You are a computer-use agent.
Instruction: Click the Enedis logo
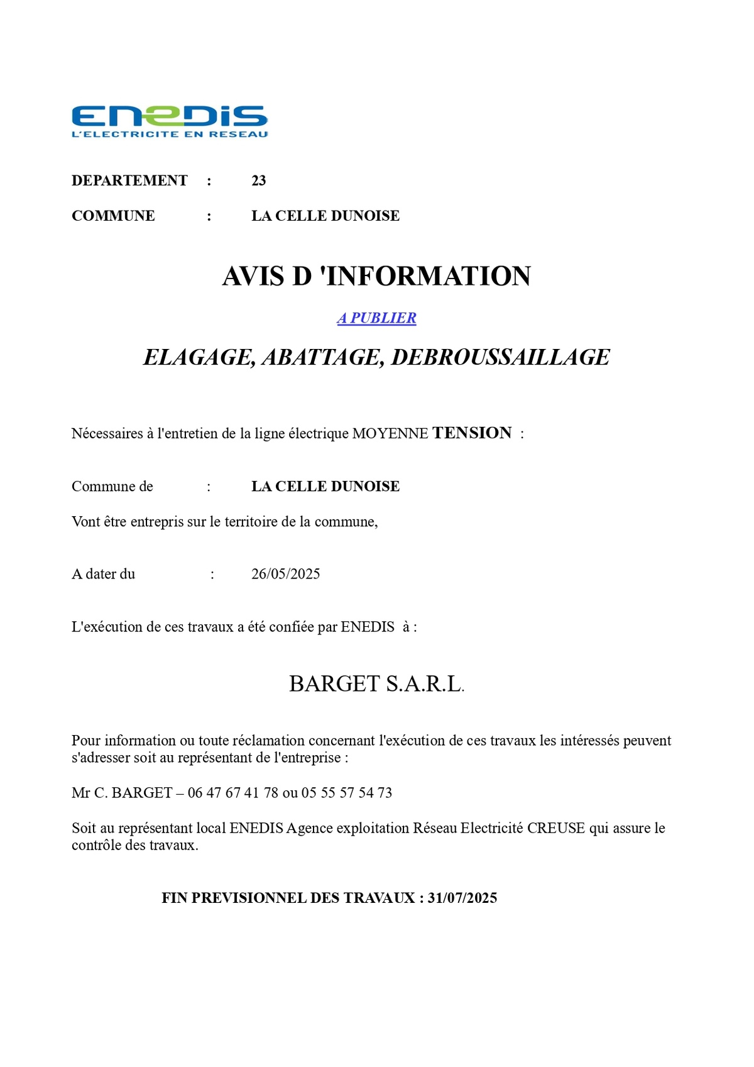coord(170,117)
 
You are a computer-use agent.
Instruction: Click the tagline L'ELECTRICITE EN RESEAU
coord(170,134)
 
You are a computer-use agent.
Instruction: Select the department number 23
coord(258,181)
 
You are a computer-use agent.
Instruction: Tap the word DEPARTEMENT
coord(129,181)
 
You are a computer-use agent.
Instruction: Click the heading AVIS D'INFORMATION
coord(376,277)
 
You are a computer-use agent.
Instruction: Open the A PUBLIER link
coord(376,318)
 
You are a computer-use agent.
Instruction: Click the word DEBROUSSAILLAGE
coord(500,358)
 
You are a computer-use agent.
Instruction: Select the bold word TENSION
coord(472,433)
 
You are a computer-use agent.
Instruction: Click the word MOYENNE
coord(390,434)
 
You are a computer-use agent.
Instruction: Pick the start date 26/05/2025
coord(285,574)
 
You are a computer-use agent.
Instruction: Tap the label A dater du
coord(103,574)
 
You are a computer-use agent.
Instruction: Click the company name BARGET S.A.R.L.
coord(376,684)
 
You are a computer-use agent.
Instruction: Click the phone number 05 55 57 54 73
coord(347,793)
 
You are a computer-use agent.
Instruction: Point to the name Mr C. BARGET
coord(122,793)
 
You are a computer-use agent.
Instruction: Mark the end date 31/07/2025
coord(462,898)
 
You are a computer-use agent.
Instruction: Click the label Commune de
coord(112,487)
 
